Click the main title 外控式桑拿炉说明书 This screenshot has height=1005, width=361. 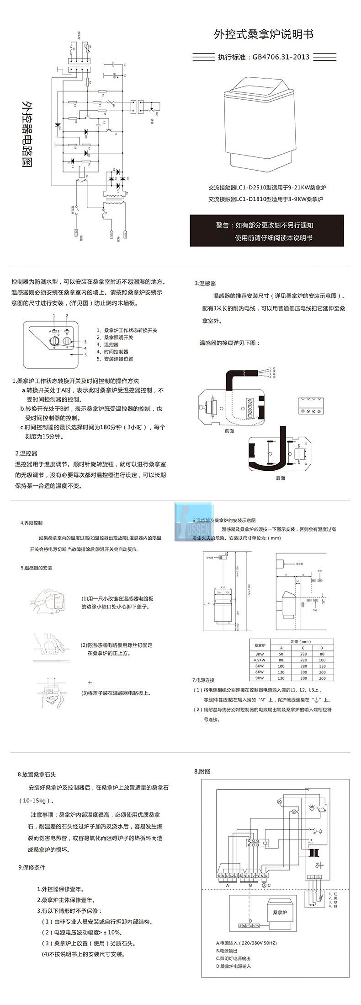tap(264, 34)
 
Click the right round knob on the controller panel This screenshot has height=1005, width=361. tap(67, 342)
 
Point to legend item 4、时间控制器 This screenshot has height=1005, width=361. tap(112, 352)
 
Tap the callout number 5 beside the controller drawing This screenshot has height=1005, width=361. tap(85, 355)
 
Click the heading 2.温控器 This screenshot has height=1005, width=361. tap(26, 453)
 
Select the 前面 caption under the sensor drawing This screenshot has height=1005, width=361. tap(229, 431)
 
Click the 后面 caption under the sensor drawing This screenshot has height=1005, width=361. tap(281, 478)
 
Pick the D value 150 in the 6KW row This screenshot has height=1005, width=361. tap(322, 666)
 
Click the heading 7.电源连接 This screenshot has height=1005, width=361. tap(203, 680)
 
